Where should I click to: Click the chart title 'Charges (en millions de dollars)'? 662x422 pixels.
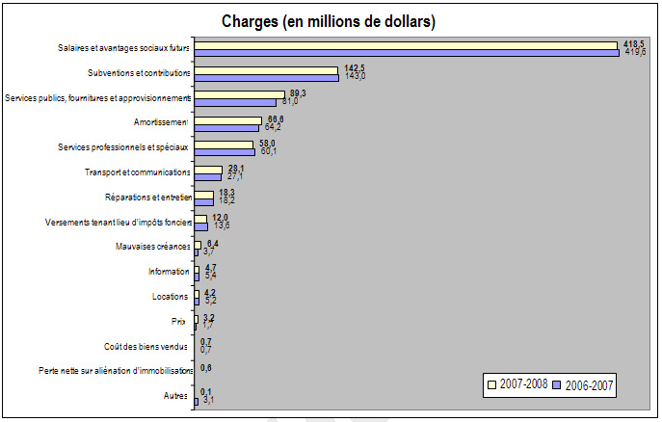point(329,20)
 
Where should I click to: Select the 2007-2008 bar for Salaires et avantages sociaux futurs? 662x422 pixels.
point(405,44)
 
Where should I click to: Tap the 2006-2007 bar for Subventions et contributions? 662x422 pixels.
point(266,77)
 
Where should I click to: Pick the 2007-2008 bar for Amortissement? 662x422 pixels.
point(227,119)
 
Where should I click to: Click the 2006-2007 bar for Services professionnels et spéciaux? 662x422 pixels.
point(224,151)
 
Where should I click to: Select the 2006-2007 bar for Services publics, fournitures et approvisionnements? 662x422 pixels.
point(235,102)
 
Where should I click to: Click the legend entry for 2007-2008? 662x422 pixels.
point(518,384)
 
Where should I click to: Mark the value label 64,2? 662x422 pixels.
point(275,127)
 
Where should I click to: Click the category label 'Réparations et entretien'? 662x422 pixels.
point(148,198)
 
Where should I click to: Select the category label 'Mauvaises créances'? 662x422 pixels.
point(153,247)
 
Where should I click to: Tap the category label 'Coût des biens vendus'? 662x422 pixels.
point(147,346)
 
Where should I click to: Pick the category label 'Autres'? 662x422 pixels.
point(176,396)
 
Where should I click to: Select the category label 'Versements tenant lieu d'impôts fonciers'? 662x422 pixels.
point(119,223)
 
